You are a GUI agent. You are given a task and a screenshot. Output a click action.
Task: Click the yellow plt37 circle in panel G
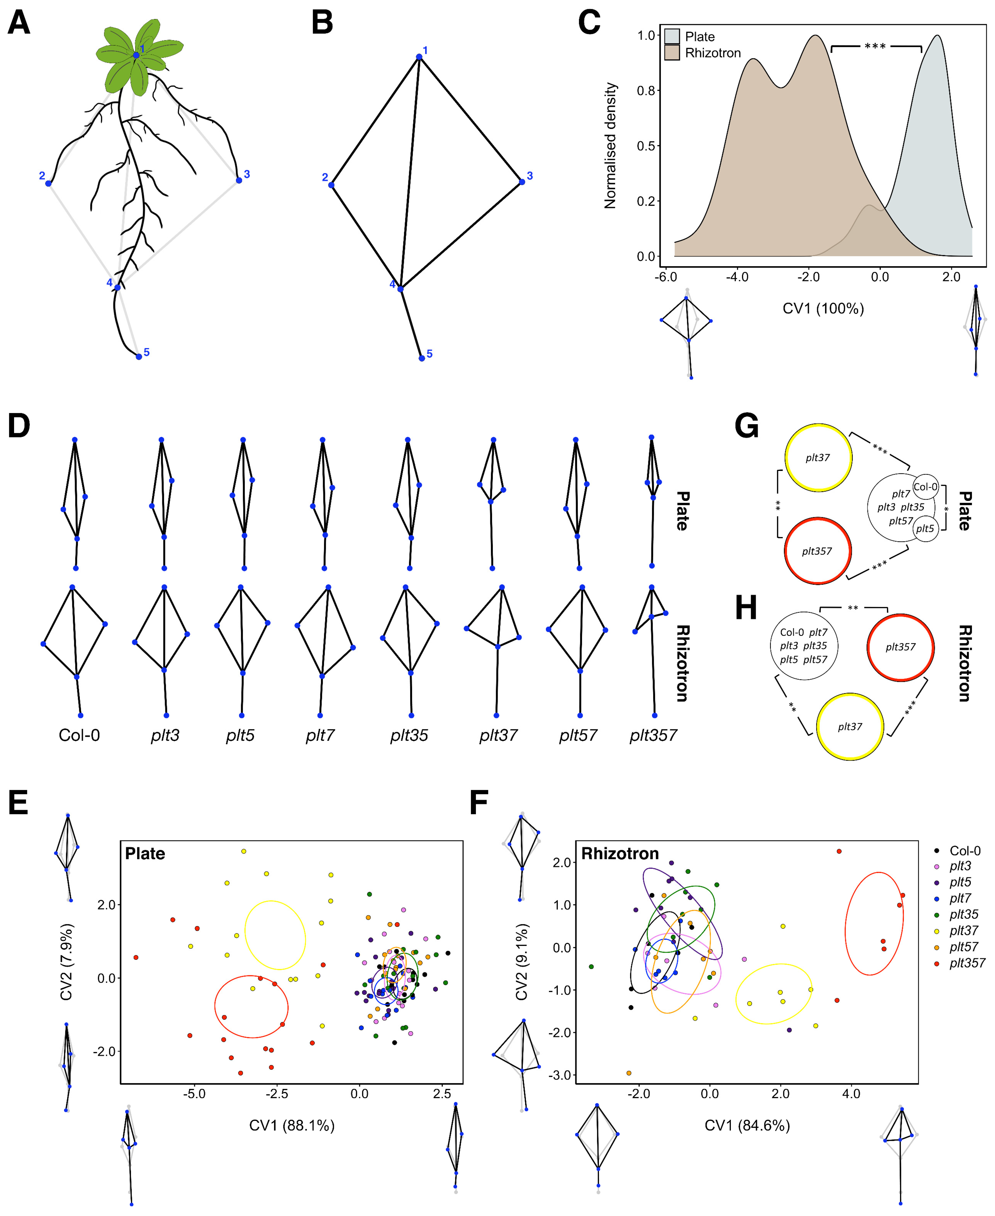[x=818, y=458]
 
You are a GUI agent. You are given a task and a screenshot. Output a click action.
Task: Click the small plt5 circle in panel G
[x=925, y=528]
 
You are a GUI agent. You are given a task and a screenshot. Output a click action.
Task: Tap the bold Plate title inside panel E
[x=145, y=854]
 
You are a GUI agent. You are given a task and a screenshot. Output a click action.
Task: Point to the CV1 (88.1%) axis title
[x=292, y=1125]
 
